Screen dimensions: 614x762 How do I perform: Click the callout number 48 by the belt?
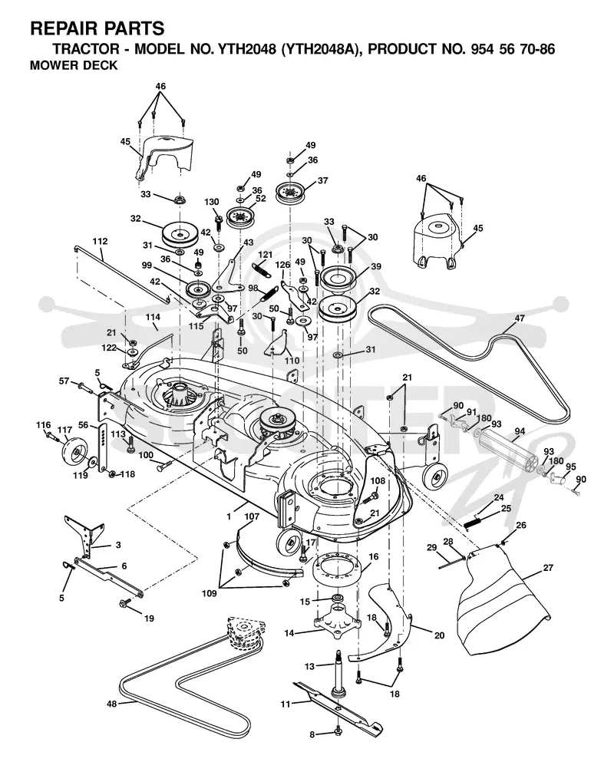(x=112, y=704)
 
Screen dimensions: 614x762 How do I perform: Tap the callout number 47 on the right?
(x=520, y=318)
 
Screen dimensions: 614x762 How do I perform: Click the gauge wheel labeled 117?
(x=72, y=454)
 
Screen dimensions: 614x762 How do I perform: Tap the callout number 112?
(x=100, y=242)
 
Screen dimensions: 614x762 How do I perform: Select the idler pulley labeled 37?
(x=289, y=193)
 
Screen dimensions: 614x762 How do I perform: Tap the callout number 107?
(x=252, y=516)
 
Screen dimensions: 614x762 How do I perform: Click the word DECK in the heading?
(x=101, y=65)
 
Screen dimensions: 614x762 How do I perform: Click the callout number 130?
(x=212, y=202)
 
